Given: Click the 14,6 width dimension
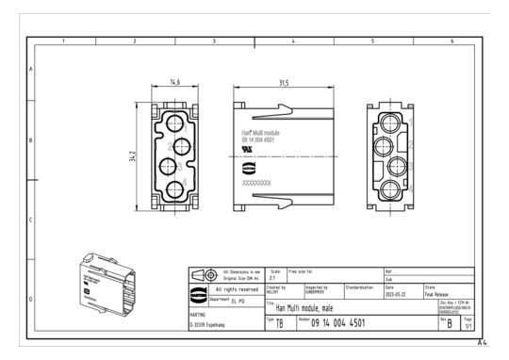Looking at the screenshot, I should tap(173, 84).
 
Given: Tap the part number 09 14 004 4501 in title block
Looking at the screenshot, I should tap(339, 324).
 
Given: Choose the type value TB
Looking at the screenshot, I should tap(279, 325).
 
